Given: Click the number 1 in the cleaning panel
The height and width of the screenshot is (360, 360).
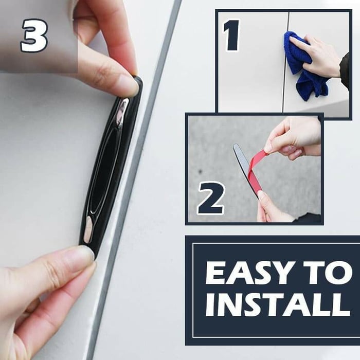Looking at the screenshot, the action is (232, 35).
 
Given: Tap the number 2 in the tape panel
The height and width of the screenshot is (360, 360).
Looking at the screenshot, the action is (210, 197).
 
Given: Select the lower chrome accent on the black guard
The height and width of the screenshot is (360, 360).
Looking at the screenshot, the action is (88, 229).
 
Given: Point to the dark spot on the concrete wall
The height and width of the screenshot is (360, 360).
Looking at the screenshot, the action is (201, 171).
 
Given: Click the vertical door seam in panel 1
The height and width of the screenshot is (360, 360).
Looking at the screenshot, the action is (285, 62).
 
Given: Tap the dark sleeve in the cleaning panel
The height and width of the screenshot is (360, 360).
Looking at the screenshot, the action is (345, 71).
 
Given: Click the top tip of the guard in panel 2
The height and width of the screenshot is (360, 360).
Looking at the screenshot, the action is (235, 145).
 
